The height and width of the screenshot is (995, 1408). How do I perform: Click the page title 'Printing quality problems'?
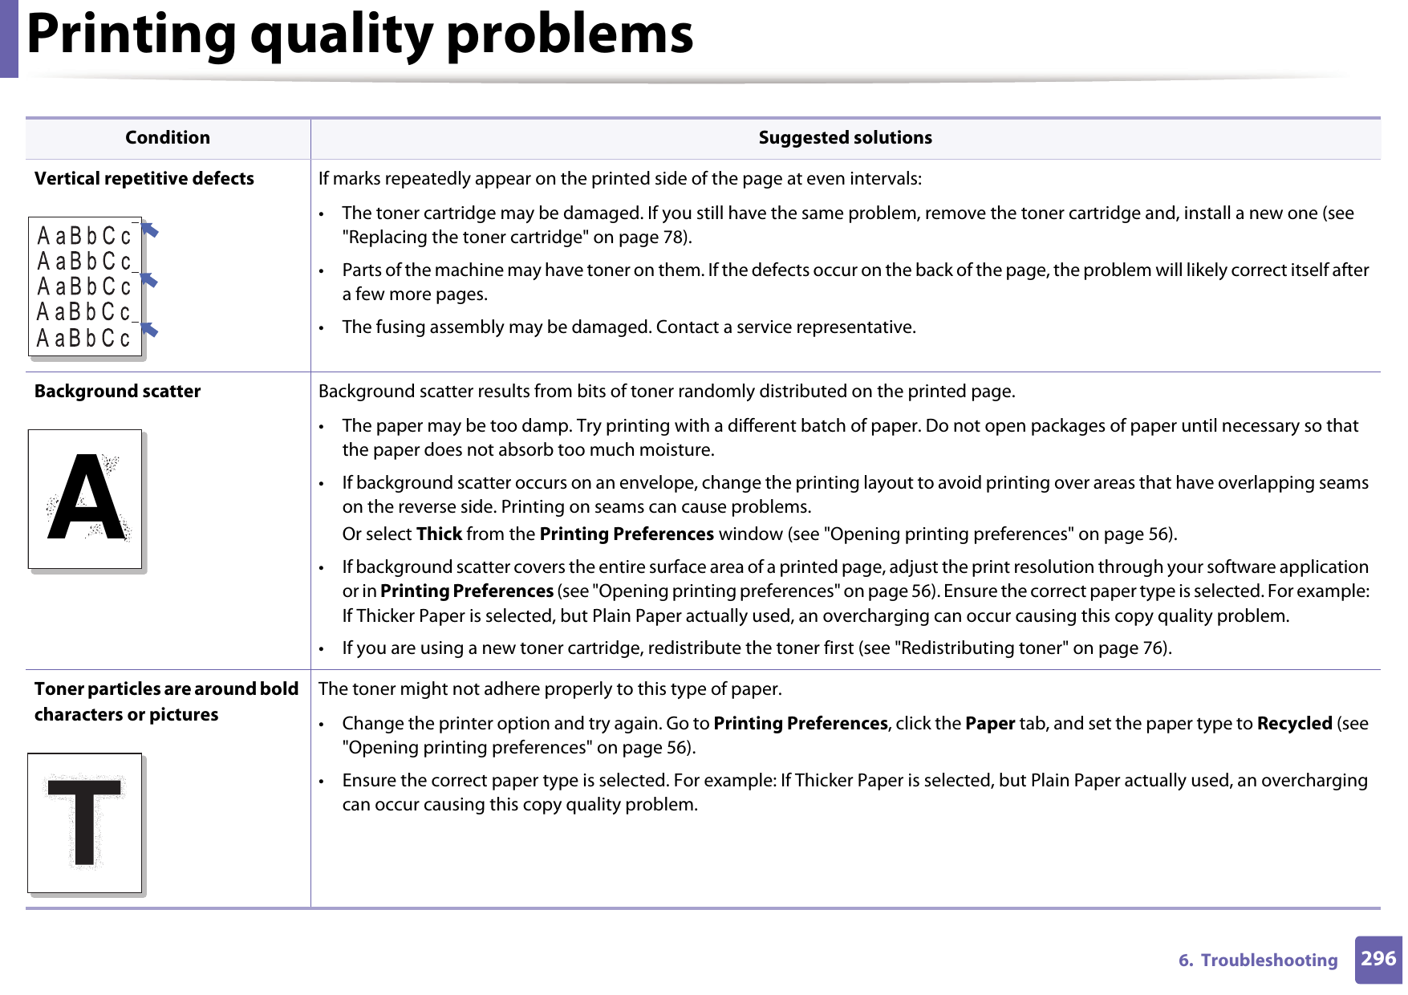click(x=360, y=35)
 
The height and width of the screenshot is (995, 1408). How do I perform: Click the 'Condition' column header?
click(x=168, y=138)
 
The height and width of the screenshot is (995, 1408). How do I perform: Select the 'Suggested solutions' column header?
click(x=845, y=138)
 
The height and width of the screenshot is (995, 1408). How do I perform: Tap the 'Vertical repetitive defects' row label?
click(x=144, y=179)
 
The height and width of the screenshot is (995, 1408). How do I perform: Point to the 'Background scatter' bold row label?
click(x=117, y=392)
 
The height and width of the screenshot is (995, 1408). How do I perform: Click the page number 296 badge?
click(x=1378, y=959)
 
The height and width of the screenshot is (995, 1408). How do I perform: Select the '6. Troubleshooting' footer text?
click(x=1258, y=960)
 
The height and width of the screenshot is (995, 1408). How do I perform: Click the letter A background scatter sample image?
click(x=86, y=499)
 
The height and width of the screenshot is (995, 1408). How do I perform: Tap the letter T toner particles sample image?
click(x=85, y=822)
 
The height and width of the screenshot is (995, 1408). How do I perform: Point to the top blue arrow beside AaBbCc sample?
click(x=149, y=231)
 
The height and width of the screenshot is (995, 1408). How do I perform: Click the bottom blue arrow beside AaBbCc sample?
click(x=149, y=329)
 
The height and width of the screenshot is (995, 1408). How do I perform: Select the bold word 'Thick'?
click(x=439, y=534)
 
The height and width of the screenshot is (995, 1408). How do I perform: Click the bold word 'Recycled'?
click(x=1294, y=724)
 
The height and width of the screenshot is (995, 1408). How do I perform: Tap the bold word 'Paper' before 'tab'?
click(x=990, y=724)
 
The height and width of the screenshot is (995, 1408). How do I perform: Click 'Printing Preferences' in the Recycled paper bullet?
click(x=800, y=724)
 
